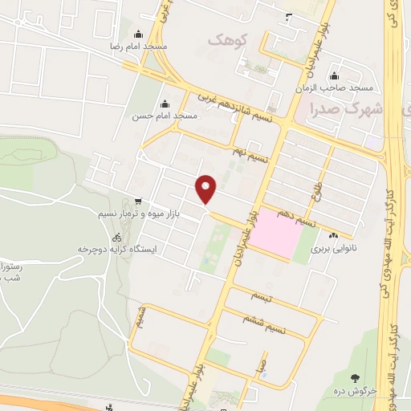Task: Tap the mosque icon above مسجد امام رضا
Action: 139,35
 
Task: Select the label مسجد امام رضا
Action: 139,47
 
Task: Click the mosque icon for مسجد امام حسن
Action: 165,104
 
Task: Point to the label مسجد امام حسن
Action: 165,116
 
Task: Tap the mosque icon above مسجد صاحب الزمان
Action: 333,75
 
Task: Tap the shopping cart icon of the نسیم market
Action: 139,201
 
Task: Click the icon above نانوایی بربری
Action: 333,235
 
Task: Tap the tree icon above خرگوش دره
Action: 353,376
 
